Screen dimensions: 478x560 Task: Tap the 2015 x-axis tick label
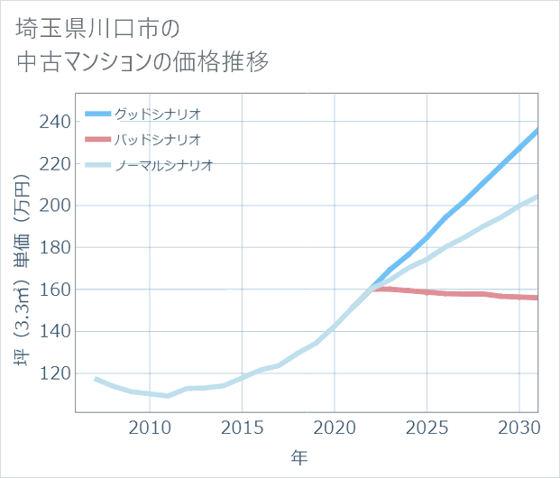[242, 426]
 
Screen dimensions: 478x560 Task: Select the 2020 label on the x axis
[335, 426]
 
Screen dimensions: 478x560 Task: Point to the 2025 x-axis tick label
[427, 426]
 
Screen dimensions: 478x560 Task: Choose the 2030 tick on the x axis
[519, 426]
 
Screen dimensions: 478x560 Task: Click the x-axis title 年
[299, 457]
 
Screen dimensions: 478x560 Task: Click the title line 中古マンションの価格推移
[142, 63]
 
